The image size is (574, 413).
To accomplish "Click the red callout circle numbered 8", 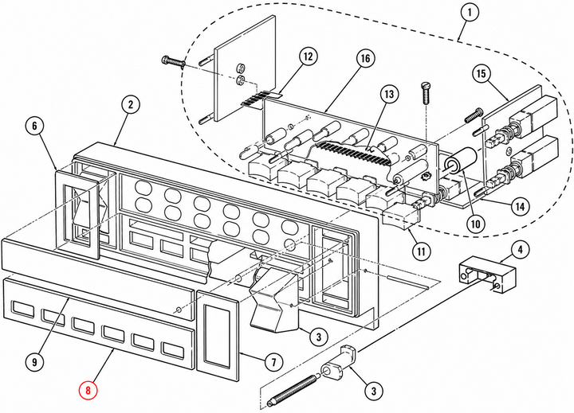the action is (x=88, y=390).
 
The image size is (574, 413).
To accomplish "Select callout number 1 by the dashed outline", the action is (x=470, y=13).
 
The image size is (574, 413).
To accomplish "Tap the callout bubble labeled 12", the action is (x=309, y=56).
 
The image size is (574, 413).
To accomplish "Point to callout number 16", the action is (x=365, y=58).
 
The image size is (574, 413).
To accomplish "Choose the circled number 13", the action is (x=389, y=94).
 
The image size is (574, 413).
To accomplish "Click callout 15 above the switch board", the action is (x=482, y=74).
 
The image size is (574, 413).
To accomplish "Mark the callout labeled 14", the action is (x=520, y=207).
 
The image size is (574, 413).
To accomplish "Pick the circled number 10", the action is (x=475, y=224).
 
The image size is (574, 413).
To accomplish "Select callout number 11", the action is (x=422, y=251).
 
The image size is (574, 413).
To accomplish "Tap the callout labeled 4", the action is (x=520, y=250).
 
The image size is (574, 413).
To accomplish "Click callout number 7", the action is (x=274, y=362).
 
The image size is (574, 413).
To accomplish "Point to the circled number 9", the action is (x=35, y=362).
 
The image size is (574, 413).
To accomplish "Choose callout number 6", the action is (x=35, y=126).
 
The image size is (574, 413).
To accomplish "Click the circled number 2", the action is (x=131, y=105).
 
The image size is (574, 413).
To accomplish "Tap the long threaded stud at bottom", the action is (x=292, y=391).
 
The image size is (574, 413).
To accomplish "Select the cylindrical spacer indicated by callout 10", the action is (x=461, y=163).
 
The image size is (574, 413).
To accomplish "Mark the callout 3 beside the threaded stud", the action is (x=374, y=392).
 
